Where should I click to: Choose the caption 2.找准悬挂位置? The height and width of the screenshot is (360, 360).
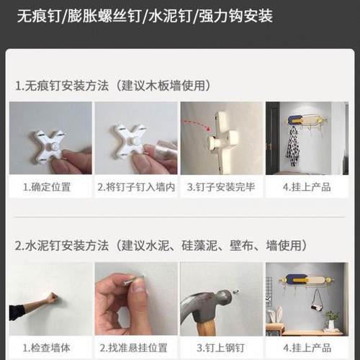point(135,348)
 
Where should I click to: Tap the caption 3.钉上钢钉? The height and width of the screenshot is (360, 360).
point(220,348)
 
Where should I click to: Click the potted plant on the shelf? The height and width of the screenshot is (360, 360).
point(330,318)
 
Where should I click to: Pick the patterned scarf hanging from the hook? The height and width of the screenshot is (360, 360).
point(292,144)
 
